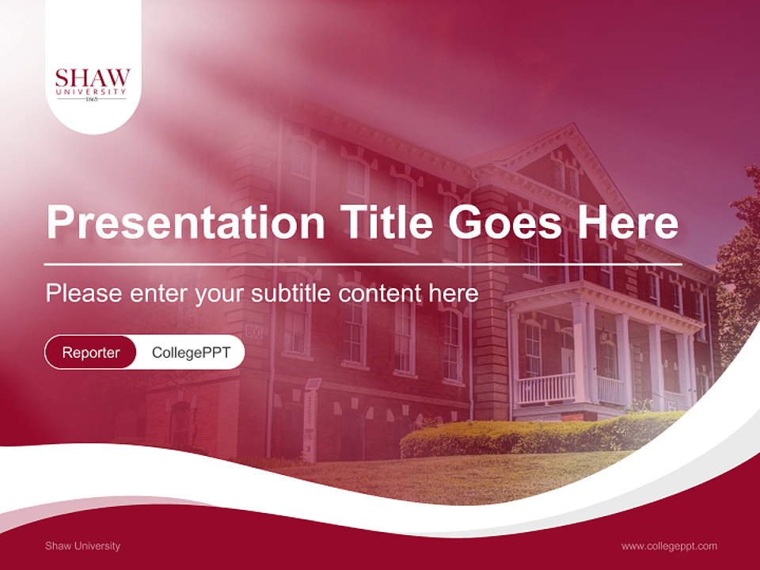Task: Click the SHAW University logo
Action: [93, 83]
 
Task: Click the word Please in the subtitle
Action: [83, 293]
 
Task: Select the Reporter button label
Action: [91, 352]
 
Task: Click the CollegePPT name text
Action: [191, 352]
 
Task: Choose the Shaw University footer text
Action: [83, 545]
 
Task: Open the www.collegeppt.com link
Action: [669, 545]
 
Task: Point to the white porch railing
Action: [545, 389]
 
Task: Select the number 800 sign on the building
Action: [253, 331]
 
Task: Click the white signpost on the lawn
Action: [311, 420]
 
